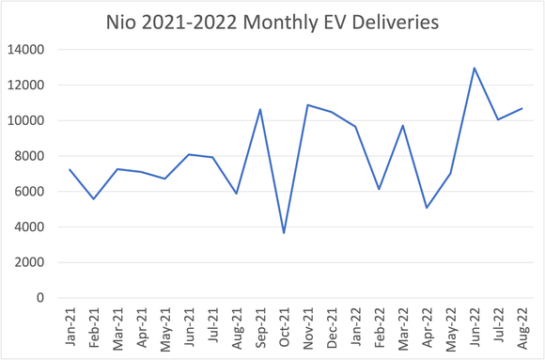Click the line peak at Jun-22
[474, 68]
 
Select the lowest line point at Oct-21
[284, 233]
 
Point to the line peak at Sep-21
[260, 109]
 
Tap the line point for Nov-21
[307, 104]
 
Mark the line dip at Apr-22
[427, 208]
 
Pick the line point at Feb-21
[94, 198]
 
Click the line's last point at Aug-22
[522, 108]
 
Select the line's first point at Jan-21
[70, 169]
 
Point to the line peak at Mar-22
[402, 125]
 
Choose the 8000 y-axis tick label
[41, 156]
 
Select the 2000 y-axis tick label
[41, 262]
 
